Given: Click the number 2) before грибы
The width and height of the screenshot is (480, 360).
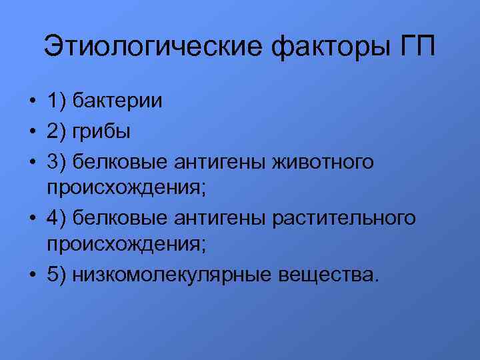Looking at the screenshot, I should [x=55, y=132].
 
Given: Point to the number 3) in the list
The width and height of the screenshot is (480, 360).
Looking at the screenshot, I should [x=55, y=161].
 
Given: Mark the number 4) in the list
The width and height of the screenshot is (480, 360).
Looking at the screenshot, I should [x=55, y=218].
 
